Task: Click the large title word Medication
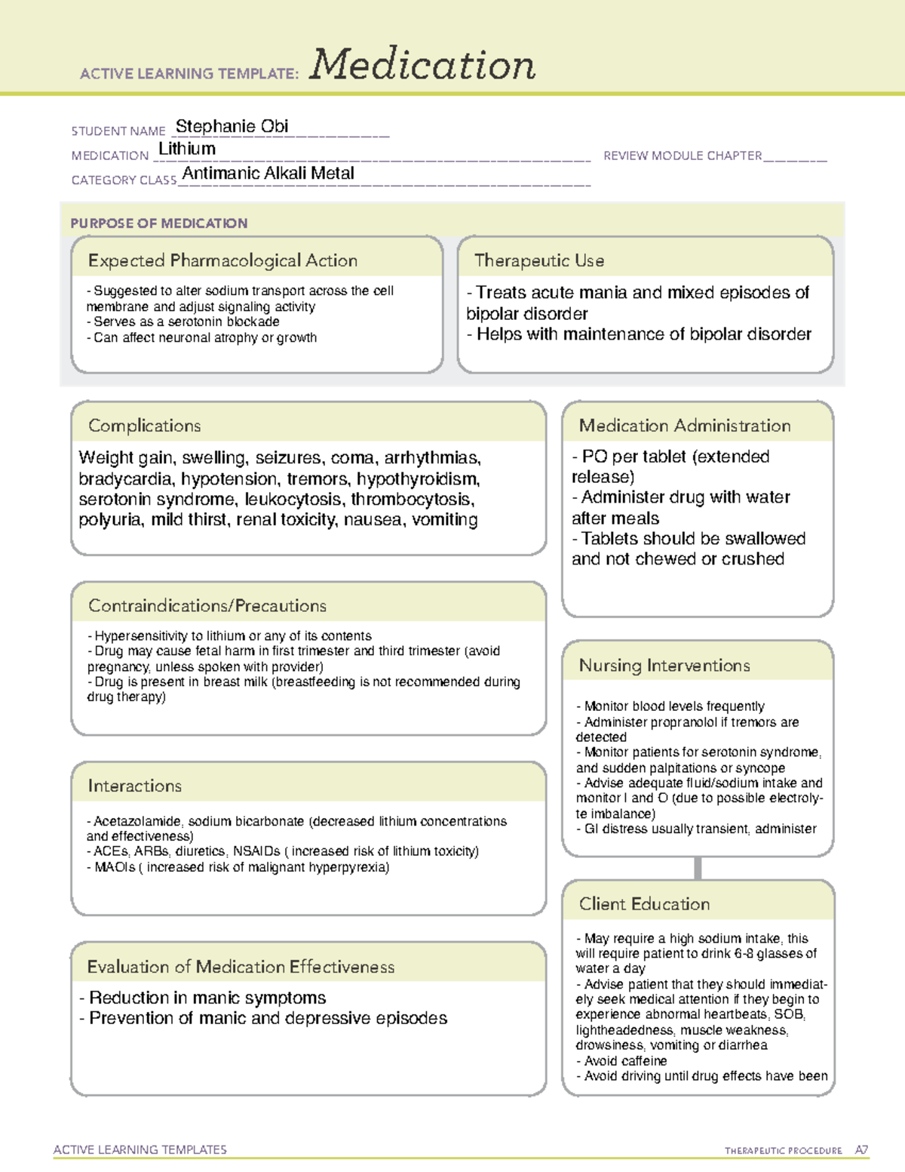(x=422, y=65)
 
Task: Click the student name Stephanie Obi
(x=232, y=127)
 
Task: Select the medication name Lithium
(x=187, y=149)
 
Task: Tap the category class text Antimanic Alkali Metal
(x=268, y=174)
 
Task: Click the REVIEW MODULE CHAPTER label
(x=683, y=155)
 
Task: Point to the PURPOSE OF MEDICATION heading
(x=158, y=223)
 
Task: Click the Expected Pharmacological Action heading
(x=222, y=260)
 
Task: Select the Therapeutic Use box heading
(x=538, y=260)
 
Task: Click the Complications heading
(x=144, y=426)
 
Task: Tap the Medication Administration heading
(x=684, y=426)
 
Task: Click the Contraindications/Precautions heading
(x=207, y=605)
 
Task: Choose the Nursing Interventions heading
(x=664, y=666)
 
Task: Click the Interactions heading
(x=134, y=786)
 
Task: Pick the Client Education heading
(x=644, y=904)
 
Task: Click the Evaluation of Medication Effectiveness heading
(x=241, y=967)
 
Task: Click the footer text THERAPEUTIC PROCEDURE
(x=783, y=1151)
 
